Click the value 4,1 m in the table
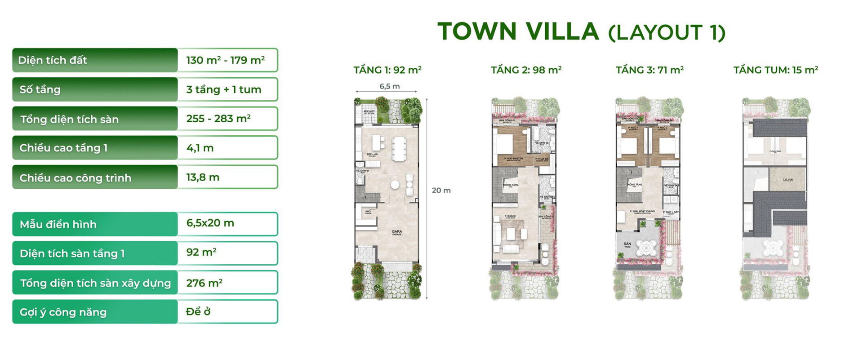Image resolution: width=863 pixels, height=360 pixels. click(x=200, y=148)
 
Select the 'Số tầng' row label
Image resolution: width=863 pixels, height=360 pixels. click(x=40, y=89)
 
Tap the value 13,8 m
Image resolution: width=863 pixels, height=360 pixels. click(x=203, y=177)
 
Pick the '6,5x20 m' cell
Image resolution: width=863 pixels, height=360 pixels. click(x=210, y=223)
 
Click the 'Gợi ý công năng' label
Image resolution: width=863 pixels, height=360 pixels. click(x=63, y=312)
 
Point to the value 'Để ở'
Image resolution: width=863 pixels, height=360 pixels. click(x=198, y=311)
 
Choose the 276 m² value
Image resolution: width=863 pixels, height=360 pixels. click(x=205, y=283)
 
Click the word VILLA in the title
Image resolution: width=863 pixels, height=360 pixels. click(x=562, y=31)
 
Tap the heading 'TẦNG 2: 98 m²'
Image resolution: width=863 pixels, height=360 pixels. click(x=526, y=70)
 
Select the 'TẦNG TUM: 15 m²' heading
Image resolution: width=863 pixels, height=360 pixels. click(x=775, y=70)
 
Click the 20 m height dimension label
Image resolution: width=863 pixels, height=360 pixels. click(x=441, y=191)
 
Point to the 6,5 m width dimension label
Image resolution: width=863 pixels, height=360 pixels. click(x=389, y=86)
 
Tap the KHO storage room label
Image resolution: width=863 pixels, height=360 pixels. click(x=368, y=212)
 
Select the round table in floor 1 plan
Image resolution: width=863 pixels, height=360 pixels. click(x=395, y=184)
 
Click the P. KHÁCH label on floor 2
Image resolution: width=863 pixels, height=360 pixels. click(x=510, y=217)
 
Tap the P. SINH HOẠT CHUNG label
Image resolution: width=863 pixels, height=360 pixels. click(x=642, y=212)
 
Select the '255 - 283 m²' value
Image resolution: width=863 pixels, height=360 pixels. click(x=218, y=119)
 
